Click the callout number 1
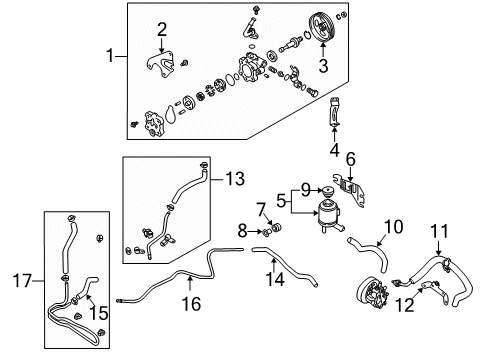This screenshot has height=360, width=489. point(110,55)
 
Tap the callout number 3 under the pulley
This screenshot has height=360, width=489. point(323,65)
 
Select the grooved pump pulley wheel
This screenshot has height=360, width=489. point(322,28)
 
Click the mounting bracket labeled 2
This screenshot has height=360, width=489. point(161,64)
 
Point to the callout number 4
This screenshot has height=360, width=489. point(334,150)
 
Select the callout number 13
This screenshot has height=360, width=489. point(235,179)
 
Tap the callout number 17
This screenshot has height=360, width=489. point(22,280)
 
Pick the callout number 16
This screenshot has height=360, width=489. point(191,304)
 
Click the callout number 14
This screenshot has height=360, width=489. point(275,279)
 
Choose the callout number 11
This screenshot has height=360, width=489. point(439,231)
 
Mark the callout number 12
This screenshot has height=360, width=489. point(404,305)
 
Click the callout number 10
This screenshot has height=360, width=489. point(394,227)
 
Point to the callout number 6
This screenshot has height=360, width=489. point(351,159)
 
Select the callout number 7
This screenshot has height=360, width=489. point(261,210)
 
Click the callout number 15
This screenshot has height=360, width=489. point(99,313)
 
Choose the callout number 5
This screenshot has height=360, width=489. point(281,201)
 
